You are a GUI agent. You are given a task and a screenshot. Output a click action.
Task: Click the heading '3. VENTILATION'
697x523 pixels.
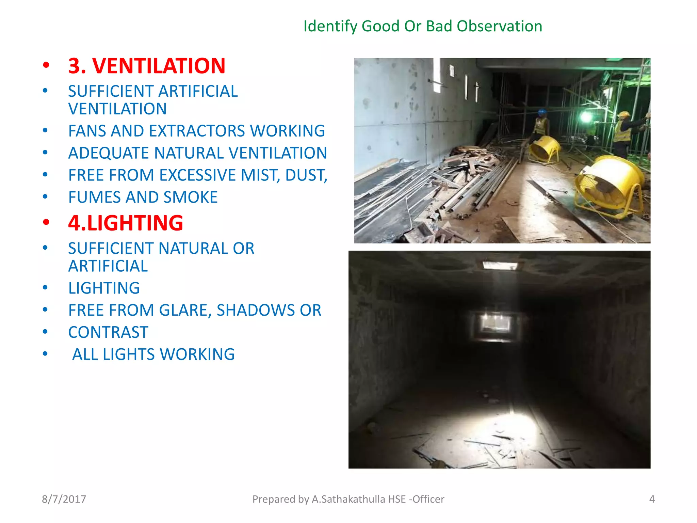click(x=146, y=66)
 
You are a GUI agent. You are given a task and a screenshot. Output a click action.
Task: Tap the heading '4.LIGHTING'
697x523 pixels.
click(x=125, y=223)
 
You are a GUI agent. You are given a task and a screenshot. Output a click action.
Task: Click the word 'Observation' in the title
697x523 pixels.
click(x=499, y=26)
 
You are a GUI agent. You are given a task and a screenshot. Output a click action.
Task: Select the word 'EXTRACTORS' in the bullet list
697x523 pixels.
click(x=197, y=131)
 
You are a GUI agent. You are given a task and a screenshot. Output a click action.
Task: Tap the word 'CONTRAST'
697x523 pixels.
click(x=108, y=332)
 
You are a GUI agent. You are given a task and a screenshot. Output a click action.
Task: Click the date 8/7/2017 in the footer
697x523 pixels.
click(x=64, y=499)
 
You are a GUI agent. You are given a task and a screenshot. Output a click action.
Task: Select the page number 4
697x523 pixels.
click(x=652, y=499)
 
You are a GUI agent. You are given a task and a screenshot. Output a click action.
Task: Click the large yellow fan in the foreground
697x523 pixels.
click(x=609, y=186)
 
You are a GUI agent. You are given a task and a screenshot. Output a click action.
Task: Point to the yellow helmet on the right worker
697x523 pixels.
click(x=623, y=114)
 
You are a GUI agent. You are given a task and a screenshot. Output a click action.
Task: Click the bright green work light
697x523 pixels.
click(x=586, y=117)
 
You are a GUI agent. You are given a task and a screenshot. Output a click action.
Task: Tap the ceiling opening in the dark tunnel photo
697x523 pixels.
click(x=500, y=266)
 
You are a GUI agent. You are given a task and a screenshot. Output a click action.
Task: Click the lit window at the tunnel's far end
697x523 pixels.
click(x=496, y=323)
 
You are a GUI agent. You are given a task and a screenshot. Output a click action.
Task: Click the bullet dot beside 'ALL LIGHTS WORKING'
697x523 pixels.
click(x=45, y=354)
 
